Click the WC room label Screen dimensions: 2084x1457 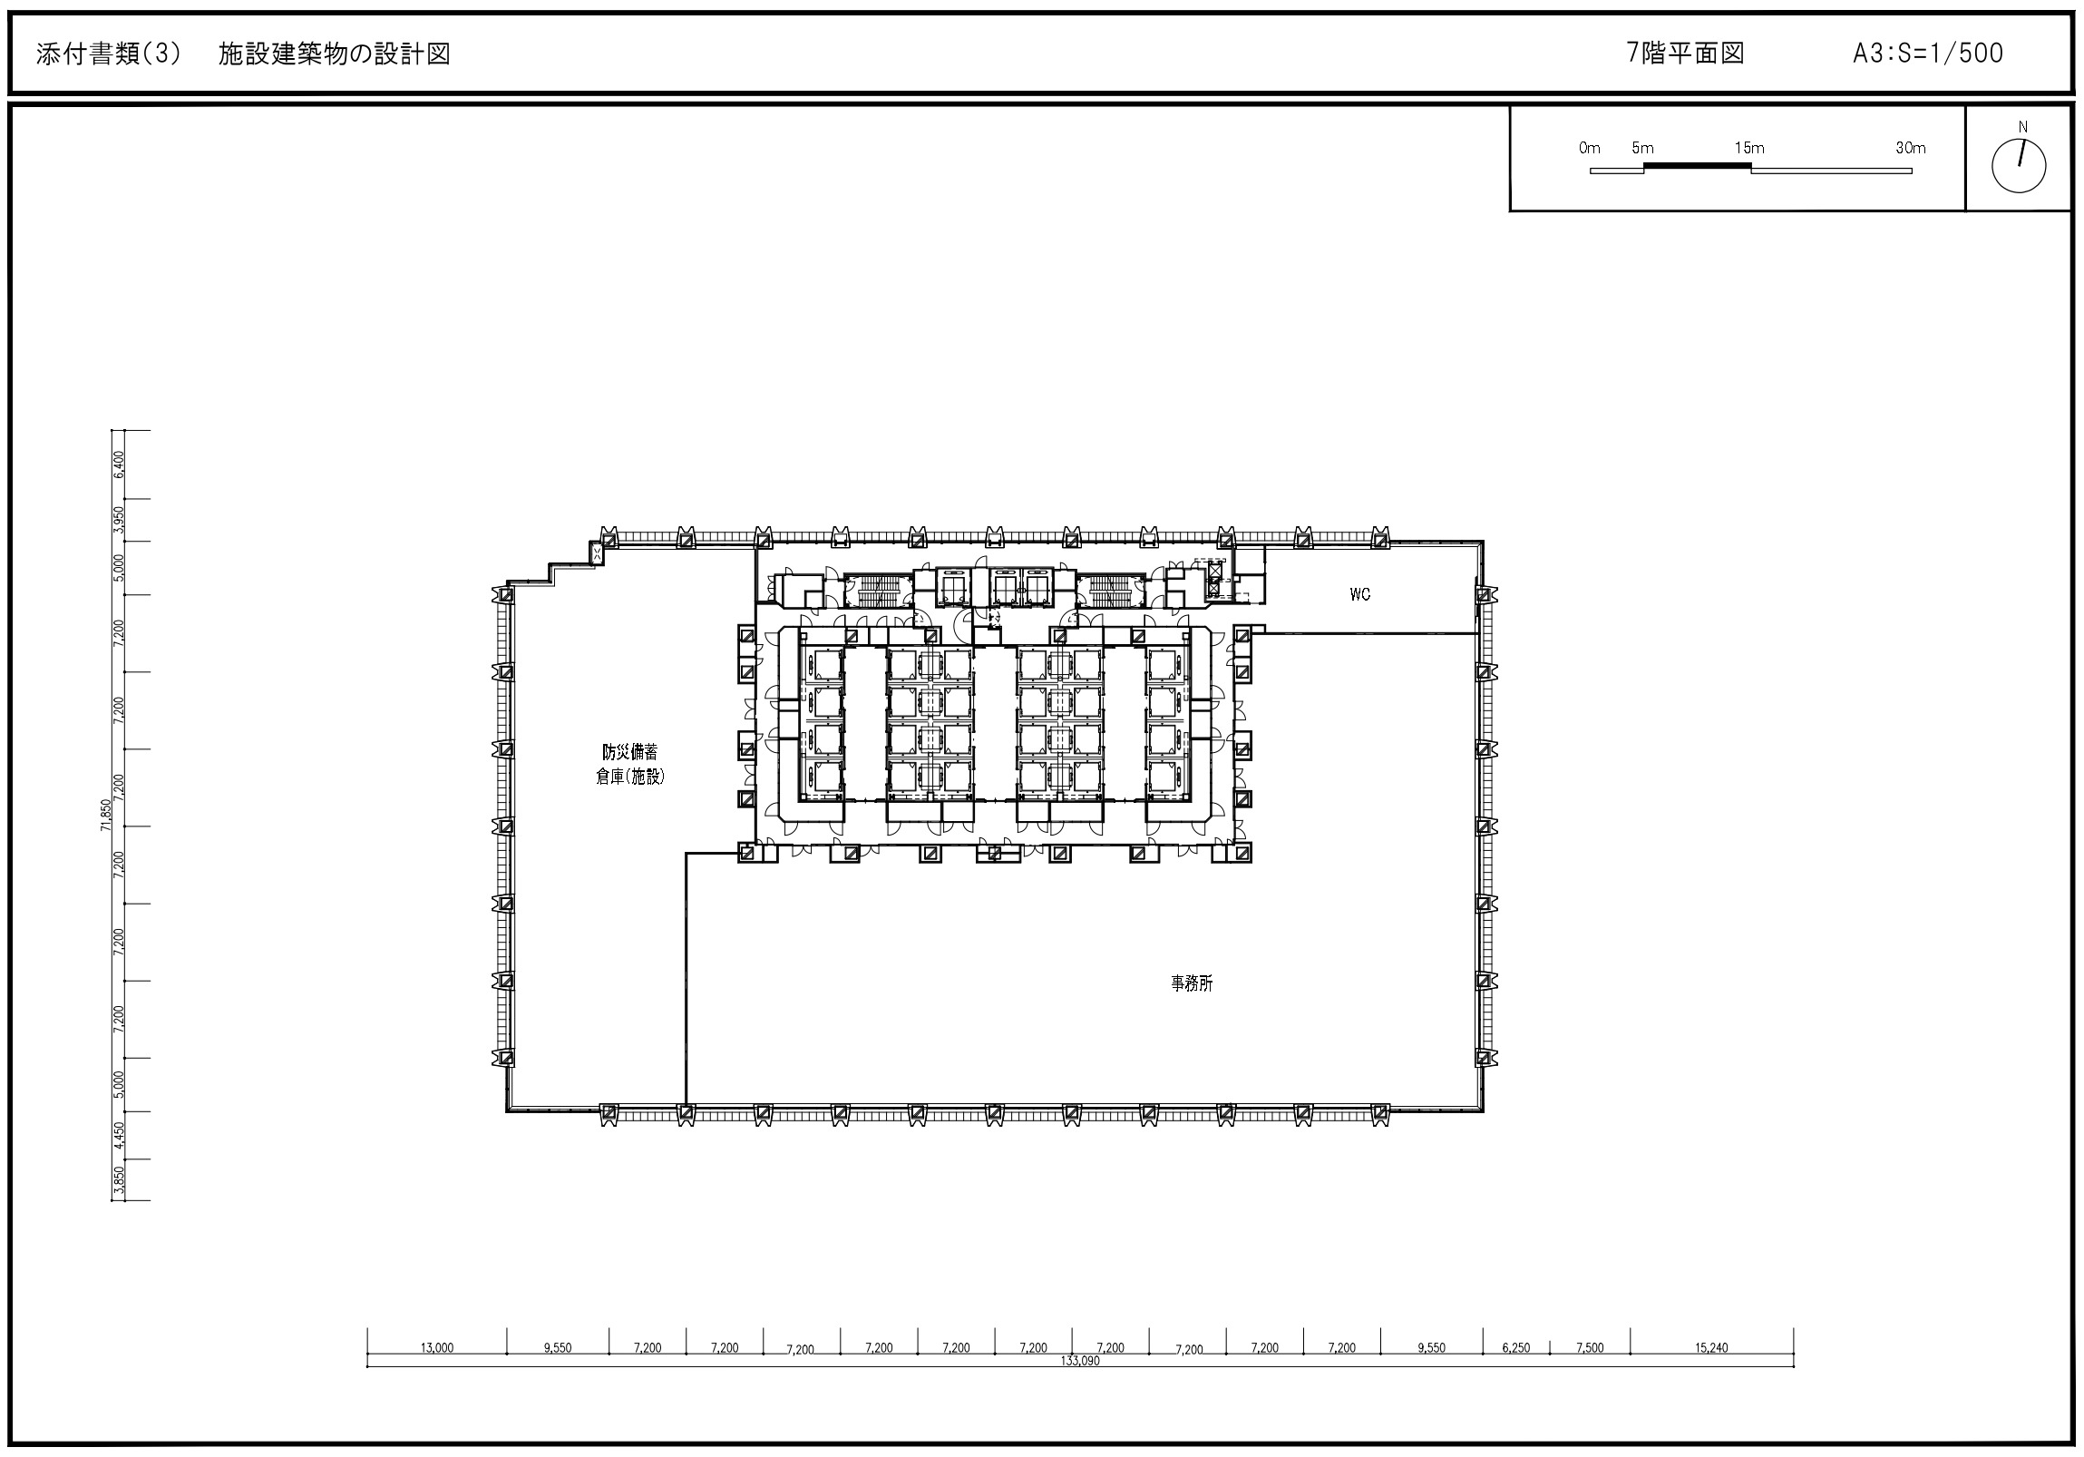[x=1358, y=594]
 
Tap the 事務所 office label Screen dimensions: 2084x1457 [x=1191, y=983]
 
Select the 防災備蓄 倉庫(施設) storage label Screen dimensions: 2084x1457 [x=630, y=765]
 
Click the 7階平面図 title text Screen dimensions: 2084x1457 [x=1686, y=54]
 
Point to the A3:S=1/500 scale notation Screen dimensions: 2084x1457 [x=1928, y=54]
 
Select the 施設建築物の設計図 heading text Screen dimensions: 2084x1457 [x=334, y=54]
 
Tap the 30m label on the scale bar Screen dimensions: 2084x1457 [x=1910, y=148]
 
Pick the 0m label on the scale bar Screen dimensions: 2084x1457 [x=1589, y=148]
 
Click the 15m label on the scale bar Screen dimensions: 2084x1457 [x=1749, y=148]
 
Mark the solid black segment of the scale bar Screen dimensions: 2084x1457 [x=1697, y=166]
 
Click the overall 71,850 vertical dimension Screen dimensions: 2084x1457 [x=106, y=815]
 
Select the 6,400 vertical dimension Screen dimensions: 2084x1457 [x=119, y=464]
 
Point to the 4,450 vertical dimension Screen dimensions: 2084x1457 [x=119, y=1135]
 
